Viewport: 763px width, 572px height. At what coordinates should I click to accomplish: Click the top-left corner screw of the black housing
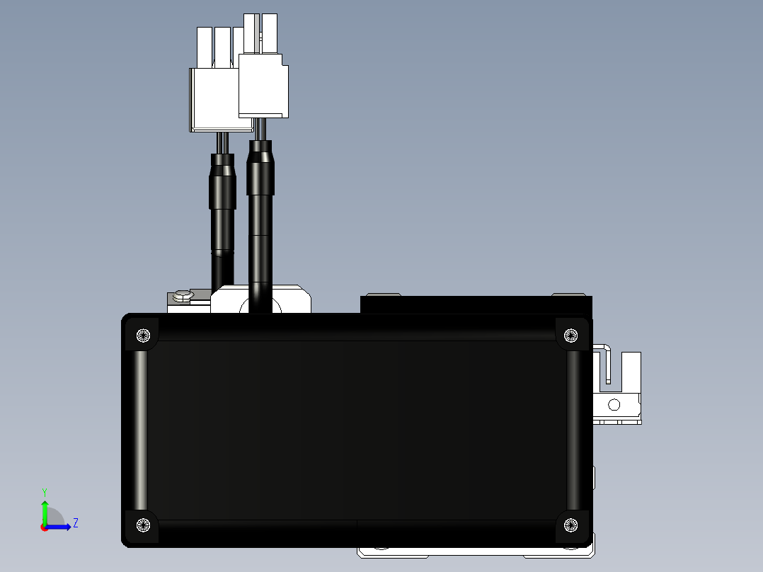(x=143, y=336)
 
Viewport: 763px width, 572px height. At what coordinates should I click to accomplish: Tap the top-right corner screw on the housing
(x=570, y=336)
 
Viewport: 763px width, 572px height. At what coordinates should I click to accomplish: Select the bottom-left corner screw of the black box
(x=143, y=525)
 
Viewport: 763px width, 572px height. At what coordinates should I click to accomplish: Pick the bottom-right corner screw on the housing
(x=570, y=525)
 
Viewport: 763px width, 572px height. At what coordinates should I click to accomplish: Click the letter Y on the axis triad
(x=45, y=492)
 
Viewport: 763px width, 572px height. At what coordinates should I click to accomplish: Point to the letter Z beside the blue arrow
(x=76, y=523)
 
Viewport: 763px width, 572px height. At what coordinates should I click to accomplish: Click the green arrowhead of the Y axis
(x=45, y=505)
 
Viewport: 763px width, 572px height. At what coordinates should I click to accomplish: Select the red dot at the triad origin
(x=44, y=527)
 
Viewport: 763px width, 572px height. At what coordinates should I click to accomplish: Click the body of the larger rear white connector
(x=214, y=100)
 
